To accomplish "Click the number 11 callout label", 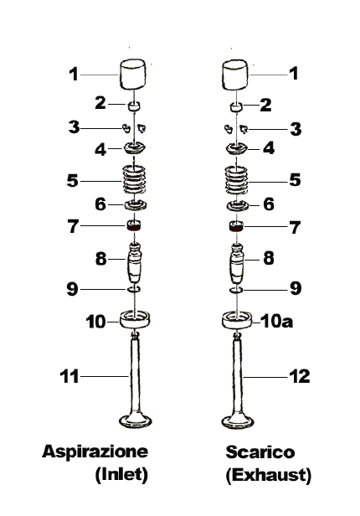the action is pyautogui.click(x=69, y=376).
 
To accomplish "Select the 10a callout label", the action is pyautogui.click(x=276, y=321).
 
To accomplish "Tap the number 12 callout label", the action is pyautogui.click(x=299, y=376).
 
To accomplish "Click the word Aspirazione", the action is pyautogui.click(x=95, y=451).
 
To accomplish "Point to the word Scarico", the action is pyautogui.click(x=260, y=451).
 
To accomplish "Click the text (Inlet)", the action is pyautogui.click(x=121, y=474).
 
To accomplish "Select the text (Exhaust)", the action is pyautogui.click(x=268, y=475).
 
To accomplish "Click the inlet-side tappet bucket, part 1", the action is pyautogui.click(x=132, y=75).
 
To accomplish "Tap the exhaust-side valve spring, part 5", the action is pyautogui.click(x=236, y=180).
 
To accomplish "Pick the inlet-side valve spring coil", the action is pyautogui.click(x=134, y=180).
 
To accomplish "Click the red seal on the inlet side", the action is pyautogui.click(x=134, y=226).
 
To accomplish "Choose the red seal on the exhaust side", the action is pyautogui.click(x=236, y=226).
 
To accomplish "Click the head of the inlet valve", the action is pyautogui.click(x=135, y=421).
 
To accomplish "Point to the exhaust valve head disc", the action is pyautogui.click(x=238, y=421).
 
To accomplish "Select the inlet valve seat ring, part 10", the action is pyautogui.click(x=135, y=319).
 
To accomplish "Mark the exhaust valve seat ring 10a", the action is pyautogui.click(x=238, y=320).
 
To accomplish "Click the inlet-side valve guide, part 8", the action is pyautogui.click(x=135, y=263).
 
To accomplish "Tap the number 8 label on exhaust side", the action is pyautogui.click(x=269, y=258).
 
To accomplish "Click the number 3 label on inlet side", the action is pyautogui.click(x=74, y=127).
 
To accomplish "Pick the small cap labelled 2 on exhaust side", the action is pyautogui.click(x=236, y=107).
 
